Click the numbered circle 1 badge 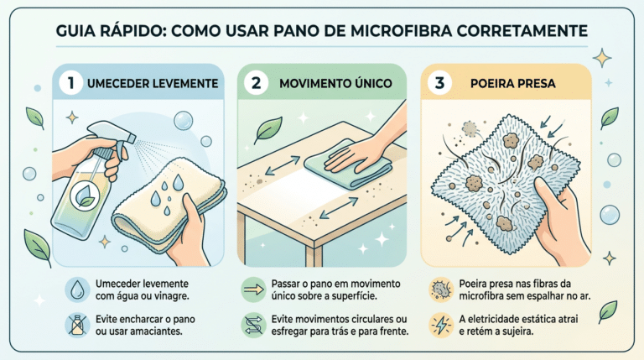[x=70, y=82]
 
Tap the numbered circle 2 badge [x=256, y=82]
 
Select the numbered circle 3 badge [x=439, y=82]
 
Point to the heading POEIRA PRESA [x=512, y=83]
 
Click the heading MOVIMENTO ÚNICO [x=335, y=83]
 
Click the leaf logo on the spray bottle [x=84, y=196]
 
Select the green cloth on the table [x=348, y=164]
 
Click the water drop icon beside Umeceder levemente [x=77, y=290]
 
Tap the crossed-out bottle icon [x=77, y=325]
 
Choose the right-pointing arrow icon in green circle [x=253, y=290]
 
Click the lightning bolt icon [x=441, y=325]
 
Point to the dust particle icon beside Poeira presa [x=441, y=290]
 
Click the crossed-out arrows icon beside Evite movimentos [x=253, y=325]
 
